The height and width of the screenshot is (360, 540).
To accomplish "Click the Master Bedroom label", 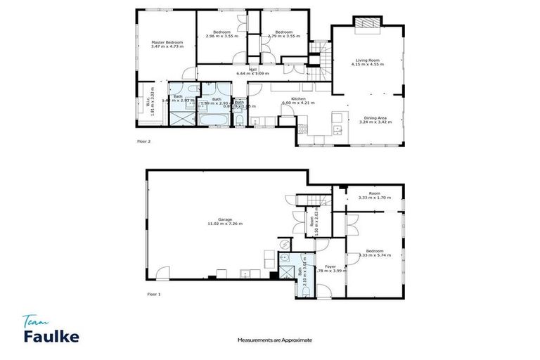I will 167,43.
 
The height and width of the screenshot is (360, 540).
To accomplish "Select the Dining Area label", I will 373,117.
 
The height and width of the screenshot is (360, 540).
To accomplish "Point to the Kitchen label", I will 298,99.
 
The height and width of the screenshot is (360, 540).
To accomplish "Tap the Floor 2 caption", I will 144,141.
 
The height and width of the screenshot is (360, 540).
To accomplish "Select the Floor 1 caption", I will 154,294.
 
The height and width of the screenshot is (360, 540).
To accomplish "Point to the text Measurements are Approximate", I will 274,340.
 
